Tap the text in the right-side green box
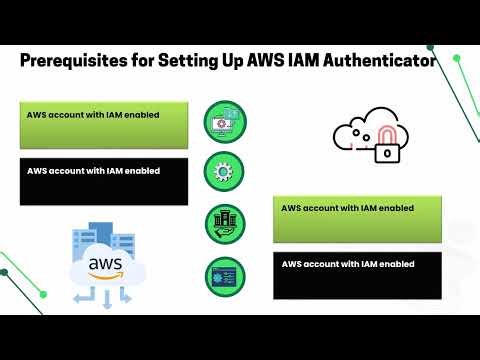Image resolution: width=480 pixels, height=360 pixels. [347, 208]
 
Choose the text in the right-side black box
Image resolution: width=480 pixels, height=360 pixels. [347, 264]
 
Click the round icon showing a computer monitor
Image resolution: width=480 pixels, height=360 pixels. [224, 119]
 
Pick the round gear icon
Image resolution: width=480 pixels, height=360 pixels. [224, 169]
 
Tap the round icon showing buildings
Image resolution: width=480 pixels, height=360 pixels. [224, 221]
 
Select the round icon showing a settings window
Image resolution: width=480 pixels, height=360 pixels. [224, 274]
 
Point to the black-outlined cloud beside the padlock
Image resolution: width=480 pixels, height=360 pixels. [355, 135]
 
